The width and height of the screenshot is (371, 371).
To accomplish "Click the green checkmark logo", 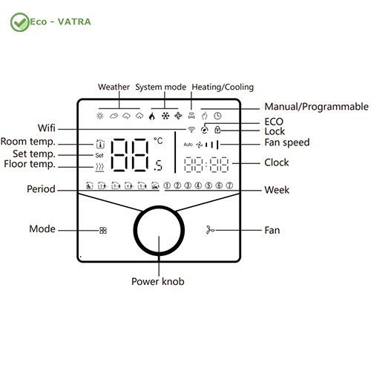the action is tap(20, 22).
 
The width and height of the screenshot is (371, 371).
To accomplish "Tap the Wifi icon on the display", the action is tap(191, 129).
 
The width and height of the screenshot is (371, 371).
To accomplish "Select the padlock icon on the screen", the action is tap(217, 129).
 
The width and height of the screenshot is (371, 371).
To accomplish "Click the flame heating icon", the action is tap(152, 116).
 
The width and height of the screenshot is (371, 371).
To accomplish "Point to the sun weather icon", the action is tap(100, 116).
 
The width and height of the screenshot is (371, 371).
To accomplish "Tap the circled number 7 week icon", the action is tap(229, 185).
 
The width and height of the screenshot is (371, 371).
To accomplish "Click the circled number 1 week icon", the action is tap(167, 185).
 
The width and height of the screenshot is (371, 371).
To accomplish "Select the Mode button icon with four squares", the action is tap(103, 231).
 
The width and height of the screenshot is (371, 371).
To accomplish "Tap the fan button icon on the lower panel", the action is tap(210, 230).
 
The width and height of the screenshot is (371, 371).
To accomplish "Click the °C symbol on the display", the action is tap(158, 141).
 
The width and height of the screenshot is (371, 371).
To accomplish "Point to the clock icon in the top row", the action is tap(217, 116).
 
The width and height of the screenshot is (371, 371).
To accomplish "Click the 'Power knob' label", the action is tap(158, 281).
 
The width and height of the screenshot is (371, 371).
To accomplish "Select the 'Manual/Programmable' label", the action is tap(316, 107).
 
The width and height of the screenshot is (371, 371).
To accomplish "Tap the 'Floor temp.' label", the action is tap(30, 164).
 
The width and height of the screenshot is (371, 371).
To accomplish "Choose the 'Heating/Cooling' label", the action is tap(223, 87).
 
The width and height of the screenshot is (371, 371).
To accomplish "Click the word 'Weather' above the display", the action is tap(114, 87).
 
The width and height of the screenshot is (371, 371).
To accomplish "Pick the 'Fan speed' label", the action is tap(287, 142).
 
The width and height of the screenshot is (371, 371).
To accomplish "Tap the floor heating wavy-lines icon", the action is tap(99, 167).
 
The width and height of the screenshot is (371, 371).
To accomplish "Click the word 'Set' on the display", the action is tap(99, 155).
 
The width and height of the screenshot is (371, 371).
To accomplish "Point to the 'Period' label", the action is tap(41, 189).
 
